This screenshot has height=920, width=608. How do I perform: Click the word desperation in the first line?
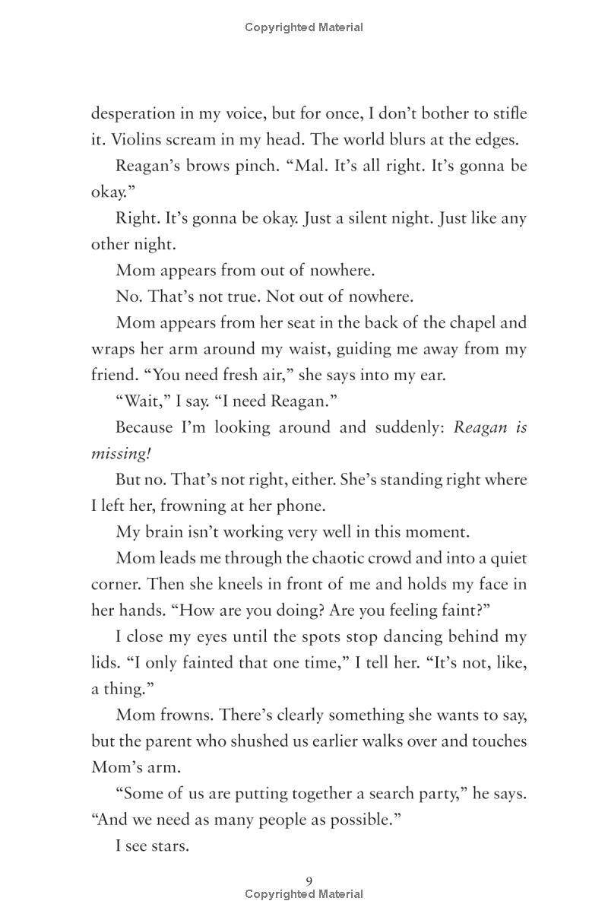click(133, 114)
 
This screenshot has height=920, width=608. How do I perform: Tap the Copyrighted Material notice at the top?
click(304, 27)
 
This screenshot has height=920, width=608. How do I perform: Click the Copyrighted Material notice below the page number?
click(304, 895)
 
